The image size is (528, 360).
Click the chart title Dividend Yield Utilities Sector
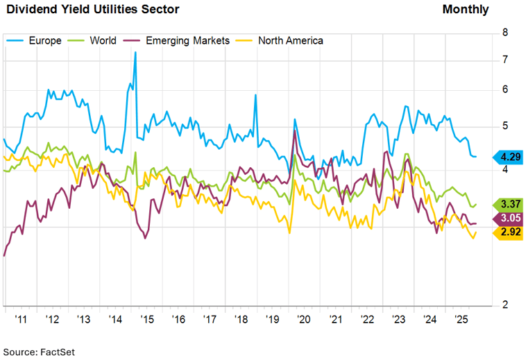coord(92,9)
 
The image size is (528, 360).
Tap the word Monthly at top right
coord(465,9)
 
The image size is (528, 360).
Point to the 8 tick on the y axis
coord(505,32)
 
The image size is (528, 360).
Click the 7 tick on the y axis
coord(505,60)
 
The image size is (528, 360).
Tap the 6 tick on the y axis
coord(505,89)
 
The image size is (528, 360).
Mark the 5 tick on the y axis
coord(505,126)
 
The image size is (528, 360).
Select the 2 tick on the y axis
coord(505,305)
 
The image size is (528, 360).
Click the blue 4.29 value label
coord(509,156)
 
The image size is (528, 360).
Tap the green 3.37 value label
coord(509,204)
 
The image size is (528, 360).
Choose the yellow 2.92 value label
coord(509,232)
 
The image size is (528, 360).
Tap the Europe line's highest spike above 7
coord(135,53)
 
